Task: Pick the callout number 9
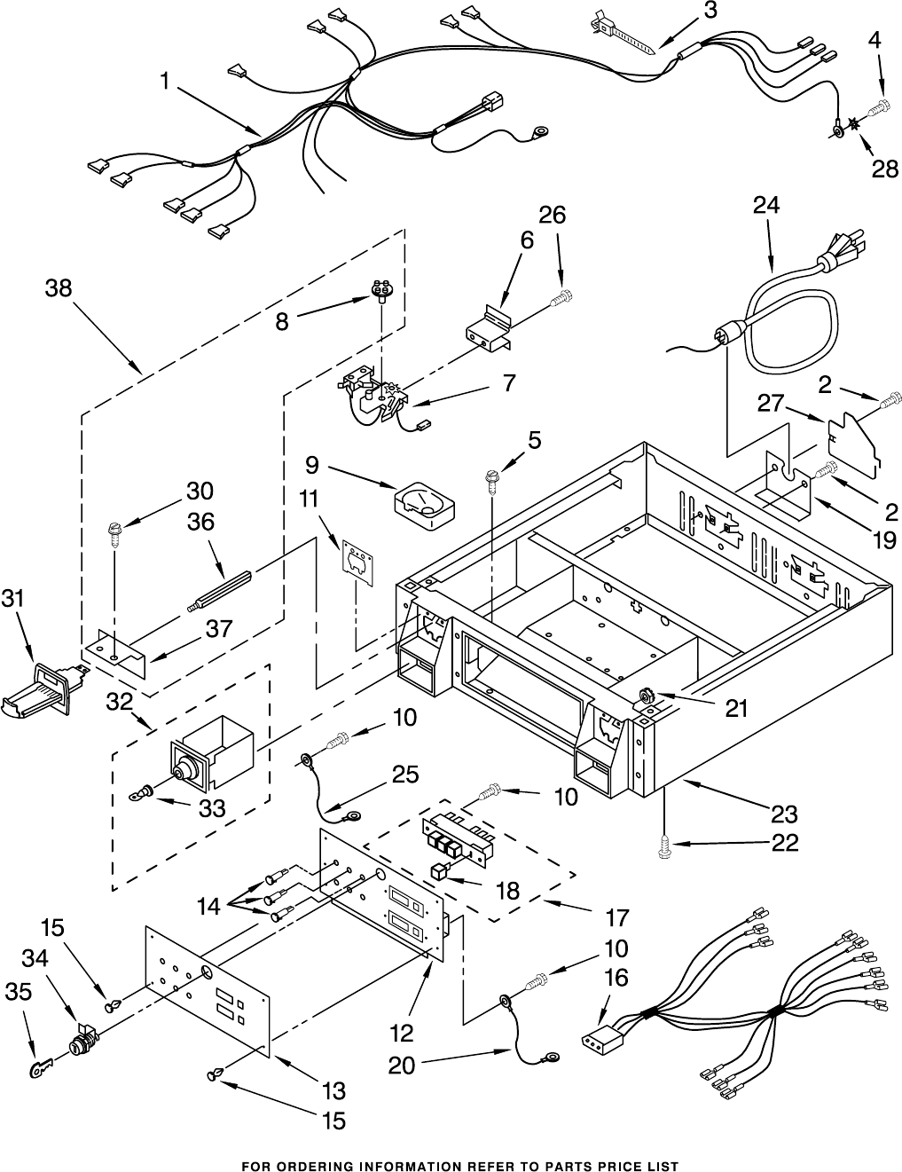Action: [x=312, y=463]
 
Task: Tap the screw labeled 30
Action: [x=114, y=533]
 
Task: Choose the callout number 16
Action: [x=616, y=979]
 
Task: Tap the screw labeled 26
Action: [x=560, y=300]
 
